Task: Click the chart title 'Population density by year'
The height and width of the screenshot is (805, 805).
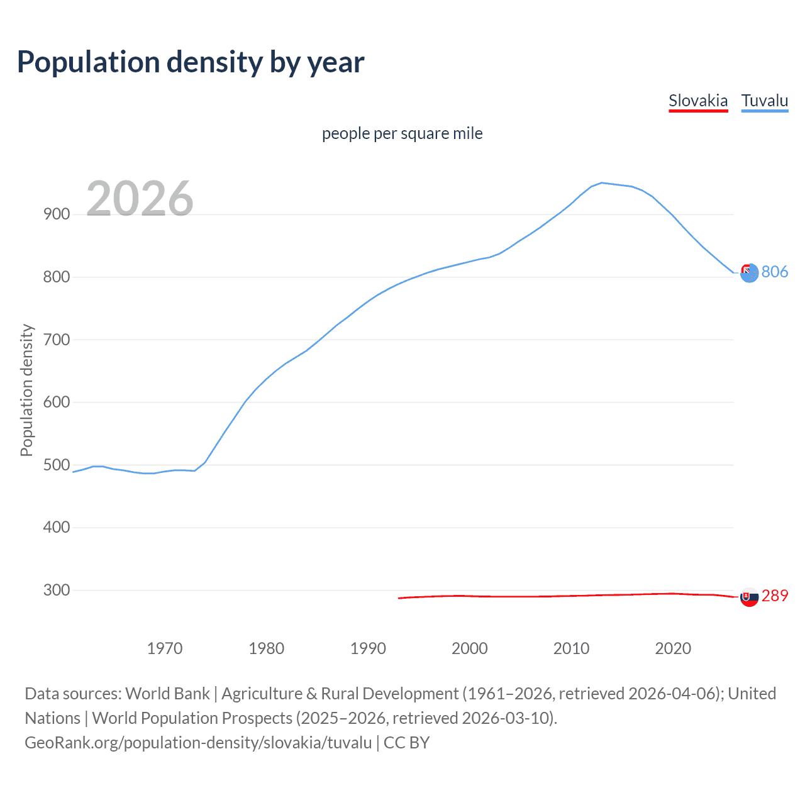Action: coord(191,62)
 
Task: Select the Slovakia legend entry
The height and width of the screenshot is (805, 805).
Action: coord(698,101)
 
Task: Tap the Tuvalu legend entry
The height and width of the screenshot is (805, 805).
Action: coord(765,101)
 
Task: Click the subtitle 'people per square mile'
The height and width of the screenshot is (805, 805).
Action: coord(402,133)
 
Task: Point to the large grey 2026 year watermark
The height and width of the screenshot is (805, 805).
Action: coord(140,199)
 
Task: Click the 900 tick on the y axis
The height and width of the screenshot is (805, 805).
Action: coord(57,214)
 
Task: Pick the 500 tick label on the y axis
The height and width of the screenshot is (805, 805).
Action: coord(57,465)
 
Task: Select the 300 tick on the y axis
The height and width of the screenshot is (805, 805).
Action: coord(57,591)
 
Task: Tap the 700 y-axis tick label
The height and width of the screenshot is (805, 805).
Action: coord(57,340)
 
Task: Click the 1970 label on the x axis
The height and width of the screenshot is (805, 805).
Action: coord(165,648)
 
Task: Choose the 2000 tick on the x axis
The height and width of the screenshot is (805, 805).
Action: coord(470,648)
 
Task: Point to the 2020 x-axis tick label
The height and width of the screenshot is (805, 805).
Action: coord(673,648)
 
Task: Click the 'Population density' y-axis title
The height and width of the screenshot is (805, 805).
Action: coord(26,390)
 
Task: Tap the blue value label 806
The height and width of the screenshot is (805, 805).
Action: coord(775,272)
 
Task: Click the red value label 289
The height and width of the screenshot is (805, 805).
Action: coord(775,596)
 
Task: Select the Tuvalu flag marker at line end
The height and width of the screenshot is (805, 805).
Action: coord(749,273)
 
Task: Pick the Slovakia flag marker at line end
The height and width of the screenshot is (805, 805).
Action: coord(749,597)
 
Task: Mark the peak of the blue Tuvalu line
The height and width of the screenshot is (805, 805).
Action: coord(602,182)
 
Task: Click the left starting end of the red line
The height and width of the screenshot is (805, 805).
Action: coord(399,598)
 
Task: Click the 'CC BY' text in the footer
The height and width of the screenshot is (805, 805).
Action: coord(407,743)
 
